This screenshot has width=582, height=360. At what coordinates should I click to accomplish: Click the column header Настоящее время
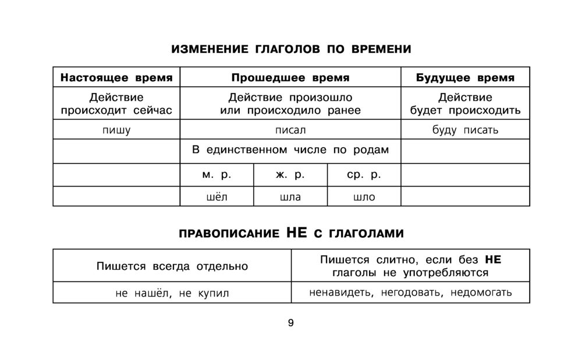point(116,77)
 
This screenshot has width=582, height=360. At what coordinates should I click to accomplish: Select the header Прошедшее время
point(290,77)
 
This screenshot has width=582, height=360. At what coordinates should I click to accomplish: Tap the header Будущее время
point(465,77)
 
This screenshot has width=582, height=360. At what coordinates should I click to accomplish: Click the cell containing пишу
point(116,130)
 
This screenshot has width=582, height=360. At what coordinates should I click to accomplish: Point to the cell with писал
point(290,130)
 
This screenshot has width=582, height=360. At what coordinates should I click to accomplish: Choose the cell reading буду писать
point(465,130)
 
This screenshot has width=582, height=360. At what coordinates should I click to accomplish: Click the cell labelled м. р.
point(217,174)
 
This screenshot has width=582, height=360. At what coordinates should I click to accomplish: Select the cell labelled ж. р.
point(290,174)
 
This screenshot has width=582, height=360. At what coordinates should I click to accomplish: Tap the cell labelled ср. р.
point(364,174)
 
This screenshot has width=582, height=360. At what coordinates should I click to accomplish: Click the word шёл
point(217,197)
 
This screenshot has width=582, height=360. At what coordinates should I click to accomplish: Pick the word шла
point(290,197)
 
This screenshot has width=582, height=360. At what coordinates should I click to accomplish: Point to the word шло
point(364,197)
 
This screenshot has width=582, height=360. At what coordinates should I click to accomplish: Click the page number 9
point(290,323)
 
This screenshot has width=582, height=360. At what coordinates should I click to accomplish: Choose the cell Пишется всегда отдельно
point(172,266)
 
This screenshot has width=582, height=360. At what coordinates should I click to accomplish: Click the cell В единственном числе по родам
point(290,150)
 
